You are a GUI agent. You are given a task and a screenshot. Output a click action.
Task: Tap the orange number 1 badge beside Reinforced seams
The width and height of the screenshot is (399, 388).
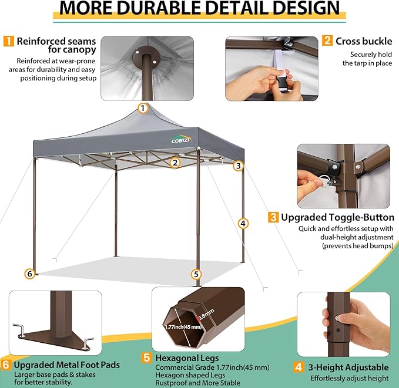(9, 41)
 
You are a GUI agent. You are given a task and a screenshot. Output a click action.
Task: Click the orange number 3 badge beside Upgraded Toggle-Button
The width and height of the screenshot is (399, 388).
(273, 217)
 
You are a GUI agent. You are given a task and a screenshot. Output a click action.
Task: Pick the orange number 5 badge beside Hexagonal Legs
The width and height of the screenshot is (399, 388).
(146, 357)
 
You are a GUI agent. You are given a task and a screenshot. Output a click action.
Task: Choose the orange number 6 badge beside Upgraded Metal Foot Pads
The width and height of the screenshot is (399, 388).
(5, 365)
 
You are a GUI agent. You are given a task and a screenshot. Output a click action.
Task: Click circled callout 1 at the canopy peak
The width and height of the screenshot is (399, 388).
(142, 108)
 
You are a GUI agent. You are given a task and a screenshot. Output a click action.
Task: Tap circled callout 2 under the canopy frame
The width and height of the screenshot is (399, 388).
(175, 163)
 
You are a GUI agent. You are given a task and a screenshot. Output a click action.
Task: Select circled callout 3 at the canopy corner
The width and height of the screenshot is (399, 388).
(237, 166)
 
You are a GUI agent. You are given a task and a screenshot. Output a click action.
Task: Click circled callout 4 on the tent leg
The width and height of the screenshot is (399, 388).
(242, 223)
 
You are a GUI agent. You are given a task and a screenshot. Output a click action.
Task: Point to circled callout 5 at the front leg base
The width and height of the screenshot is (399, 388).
(196, 274)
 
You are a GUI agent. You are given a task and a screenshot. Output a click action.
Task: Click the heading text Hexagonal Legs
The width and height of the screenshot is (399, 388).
(187, 357)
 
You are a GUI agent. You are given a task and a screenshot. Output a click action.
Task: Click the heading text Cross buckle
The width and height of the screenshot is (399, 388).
(363, 41)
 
